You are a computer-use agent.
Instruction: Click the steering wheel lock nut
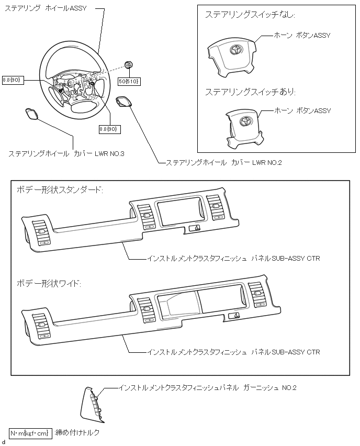coord(129,64)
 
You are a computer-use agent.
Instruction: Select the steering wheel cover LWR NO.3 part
coord(31,114)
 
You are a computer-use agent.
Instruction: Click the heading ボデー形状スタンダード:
coord(59,189)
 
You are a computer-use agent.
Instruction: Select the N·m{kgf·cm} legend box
coord(30,433)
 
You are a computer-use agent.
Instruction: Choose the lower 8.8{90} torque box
coord(110,128)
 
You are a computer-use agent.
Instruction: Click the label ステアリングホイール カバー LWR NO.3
coord(66,154)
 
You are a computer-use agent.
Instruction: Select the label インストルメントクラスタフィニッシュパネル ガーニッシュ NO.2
coord(208,388)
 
